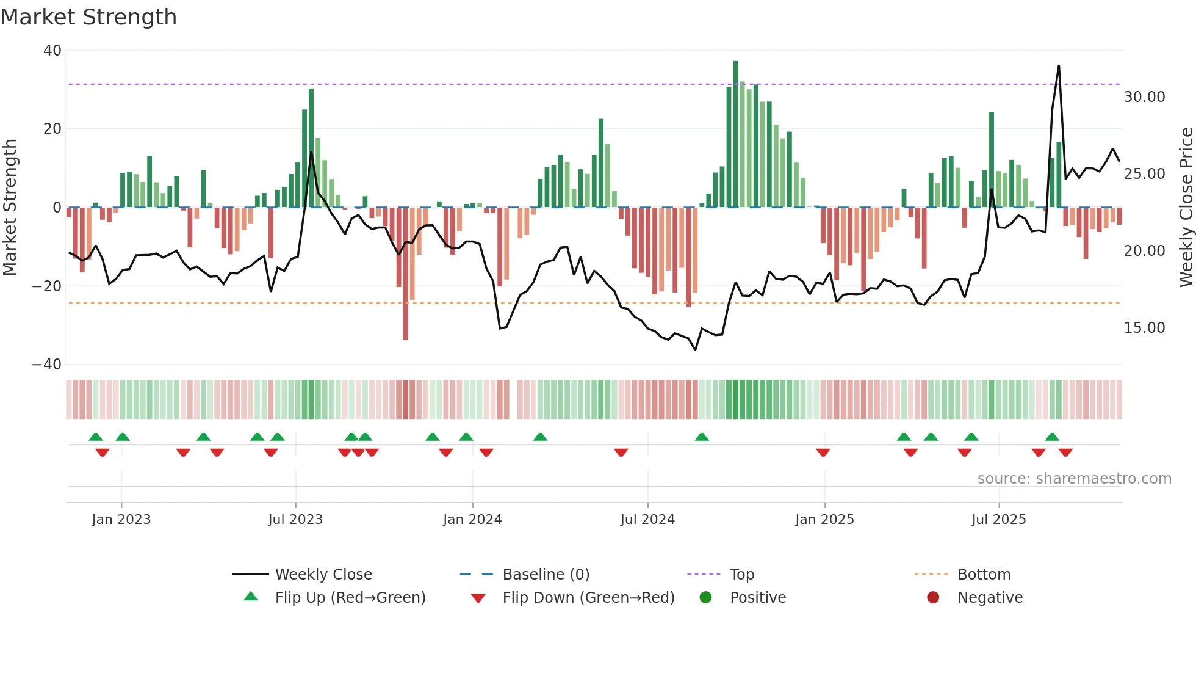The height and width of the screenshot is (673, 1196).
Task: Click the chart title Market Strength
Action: pos(88,17)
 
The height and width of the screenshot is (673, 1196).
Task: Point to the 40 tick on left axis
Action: pos(52,51)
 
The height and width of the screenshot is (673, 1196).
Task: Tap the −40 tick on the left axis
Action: pos(47,365)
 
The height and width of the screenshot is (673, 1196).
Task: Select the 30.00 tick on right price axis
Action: pos(1144,97)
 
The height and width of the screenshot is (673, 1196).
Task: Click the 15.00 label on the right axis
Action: pos(1144,328)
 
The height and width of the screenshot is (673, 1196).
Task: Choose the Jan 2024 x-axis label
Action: pos(472,520)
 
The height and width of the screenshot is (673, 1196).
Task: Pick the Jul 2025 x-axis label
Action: pos(998,520)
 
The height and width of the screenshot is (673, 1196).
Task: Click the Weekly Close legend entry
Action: pos(323,575)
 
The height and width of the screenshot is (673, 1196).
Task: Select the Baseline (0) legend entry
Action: pos(546,575)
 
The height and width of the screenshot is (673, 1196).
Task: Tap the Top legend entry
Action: pos(741,575)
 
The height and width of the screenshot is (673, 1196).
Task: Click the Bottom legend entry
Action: pos(984,575)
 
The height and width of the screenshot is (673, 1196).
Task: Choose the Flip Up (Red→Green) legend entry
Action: pos(350,598)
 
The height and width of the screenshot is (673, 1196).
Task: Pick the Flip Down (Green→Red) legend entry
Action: pos(588,598)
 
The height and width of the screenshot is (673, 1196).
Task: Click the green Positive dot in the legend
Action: pos(705,598)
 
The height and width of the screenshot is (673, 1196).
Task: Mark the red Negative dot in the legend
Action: pos(933,598)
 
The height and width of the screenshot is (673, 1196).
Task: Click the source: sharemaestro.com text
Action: pos(1074,479)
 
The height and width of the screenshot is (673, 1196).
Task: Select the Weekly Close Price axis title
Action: pos(1186,208)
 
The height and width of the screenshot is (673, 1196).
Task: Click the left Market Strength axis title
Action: pos(10,208)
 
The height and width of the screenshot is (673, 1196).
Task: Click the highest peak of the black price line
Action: pos(1059,66)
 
